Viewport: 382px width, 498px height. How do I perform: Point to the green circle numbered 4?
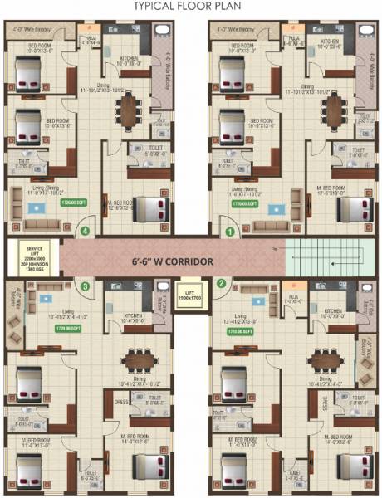(84, 231)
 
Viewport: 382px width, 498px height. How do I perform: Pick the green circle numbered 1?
(230, 231)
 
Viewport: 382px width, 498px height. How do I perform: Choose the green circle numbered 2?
(222, 283)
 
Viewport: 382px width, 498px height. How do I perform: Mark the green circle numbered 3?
(85, 286)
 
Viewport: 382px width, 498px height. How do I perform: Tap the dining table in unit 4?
(130, 108)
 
